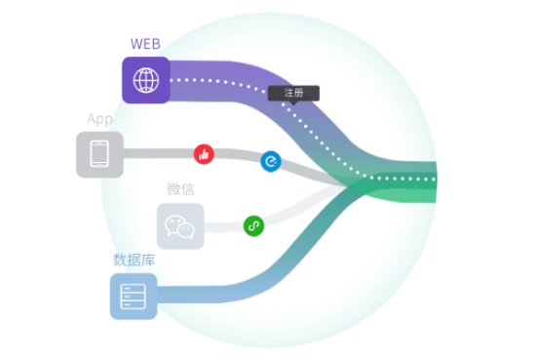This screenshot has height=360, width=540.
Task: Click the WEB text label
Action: click(x=145, y=43)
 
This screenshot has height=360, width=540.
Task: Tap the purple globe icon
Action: click(x=146, y=80)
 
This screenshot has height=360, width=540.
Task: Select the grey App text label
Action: click(x=99, y=119)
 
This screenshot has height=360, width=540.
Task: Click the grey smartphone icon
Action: click(x=99, y=154)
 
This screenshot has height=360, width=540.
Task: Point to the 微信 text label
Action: click(x=180, y=188)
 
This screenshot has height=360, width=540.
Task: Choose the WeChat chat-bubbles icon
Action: click(x=180, y=225)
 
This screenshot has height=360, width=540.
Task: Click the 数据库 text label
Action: click(x=134, y=260)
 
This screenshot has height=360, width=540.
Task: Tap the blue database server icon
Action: click(x=134, y=297)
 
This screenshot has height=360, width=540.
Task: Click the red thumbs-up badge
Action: click(x=204, y=153)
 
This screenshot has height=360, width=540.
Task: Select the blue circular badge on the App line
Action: click(x=270, y=162)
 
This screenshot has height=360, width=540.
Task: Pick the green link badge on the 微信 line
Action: click(x=253, y=225)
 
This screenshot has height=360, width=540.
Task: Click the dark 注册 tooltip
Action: click(x=293, y=94)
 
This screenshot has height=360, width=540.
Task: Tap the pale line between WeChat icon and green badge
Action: click(x=223, y=225)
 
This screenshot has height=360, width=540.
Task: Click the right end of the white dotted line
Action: click(x=434, y=180)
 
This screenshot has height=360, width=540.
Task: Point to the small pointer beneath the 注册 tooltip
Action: click(x=293, y=102)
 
